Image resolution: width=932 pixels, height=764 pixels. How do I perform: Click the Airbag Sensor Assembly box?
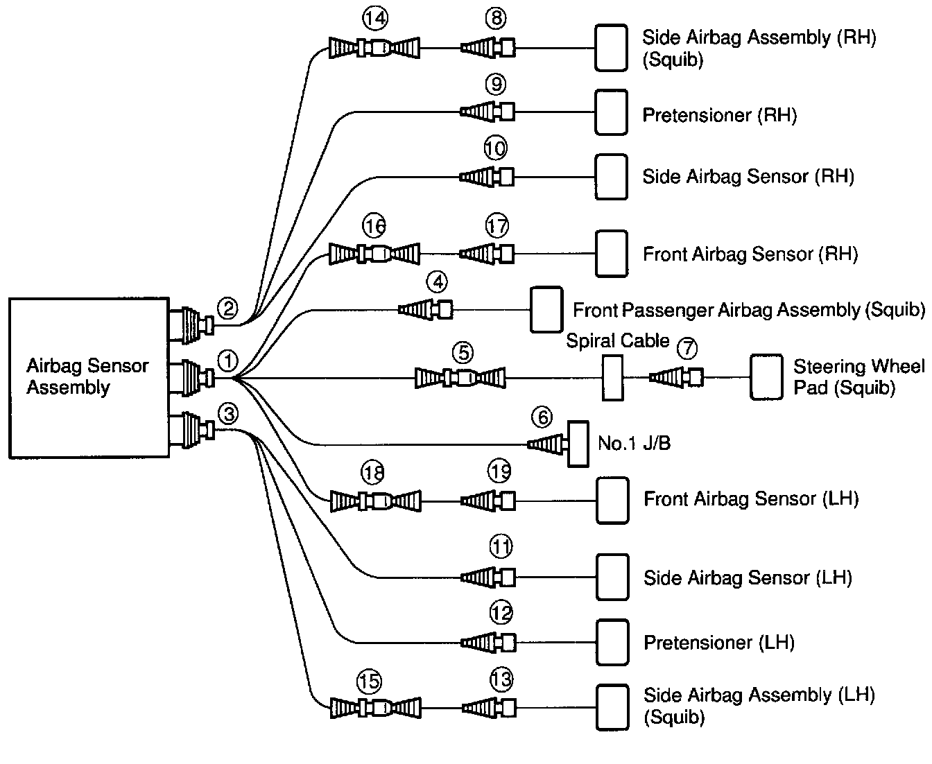89,378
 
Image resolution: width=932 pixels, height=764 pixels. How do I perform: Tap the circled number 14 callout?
374,19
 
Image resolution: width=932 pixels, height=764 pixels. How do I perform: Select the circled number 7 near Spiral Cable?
687,348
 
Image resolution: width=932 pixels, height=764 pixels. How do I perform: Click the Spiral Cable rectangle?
612,378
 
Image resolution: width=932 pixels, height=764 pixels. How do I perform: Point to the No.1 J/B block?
578,444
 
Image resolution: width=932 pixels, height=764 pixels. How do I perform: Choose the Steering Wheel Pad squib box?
766,378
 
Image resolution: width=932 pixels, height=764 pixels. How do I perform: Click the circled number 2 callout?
227,307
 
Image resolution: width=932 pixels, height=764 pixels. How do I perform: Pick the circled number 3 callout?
227,415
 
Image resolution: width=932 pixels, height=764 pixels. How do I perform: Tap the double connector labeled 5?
460,378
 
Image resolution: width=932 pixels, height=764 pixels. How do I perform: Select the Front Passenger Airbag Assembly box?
546,310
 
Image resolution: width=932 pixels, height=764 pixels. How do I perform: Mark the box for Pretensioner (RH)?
612,112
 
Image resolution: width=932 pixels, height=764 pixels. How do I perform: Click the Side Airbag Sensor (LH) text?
748,578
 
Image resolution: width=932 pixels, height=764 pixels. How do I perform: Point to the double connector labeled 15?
375,708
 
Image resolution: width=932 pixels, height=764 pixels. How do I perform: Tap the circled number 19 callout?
499,472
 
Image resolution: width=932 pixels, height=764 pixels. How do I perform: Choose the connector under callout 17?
487,254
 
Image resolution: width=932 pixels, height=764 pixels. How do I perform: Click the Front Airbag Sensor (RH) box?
612,254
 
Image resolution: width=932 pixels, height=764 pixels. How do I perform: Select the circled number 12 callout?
501,613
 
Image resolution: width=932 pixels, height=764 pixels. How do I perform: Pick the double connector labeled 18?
375,500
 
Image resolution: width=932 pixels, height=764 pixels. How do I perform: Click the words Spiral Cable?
617,340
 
